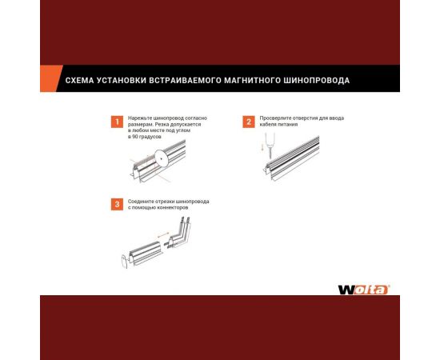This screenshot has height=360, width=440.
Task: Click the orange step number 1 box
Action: point(118,122)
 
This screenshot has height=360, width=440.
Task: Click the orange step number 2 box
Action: point(249,122)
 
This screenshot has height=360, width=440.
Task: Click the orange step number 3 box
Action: point(118,205)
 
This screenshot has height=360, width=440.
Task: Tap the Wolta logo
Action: point(362,289)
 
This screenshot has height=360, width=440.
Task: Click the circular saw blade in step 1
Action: point(162,158)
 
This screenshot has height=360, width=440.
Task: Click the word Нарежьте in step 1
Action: point(142,118)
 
